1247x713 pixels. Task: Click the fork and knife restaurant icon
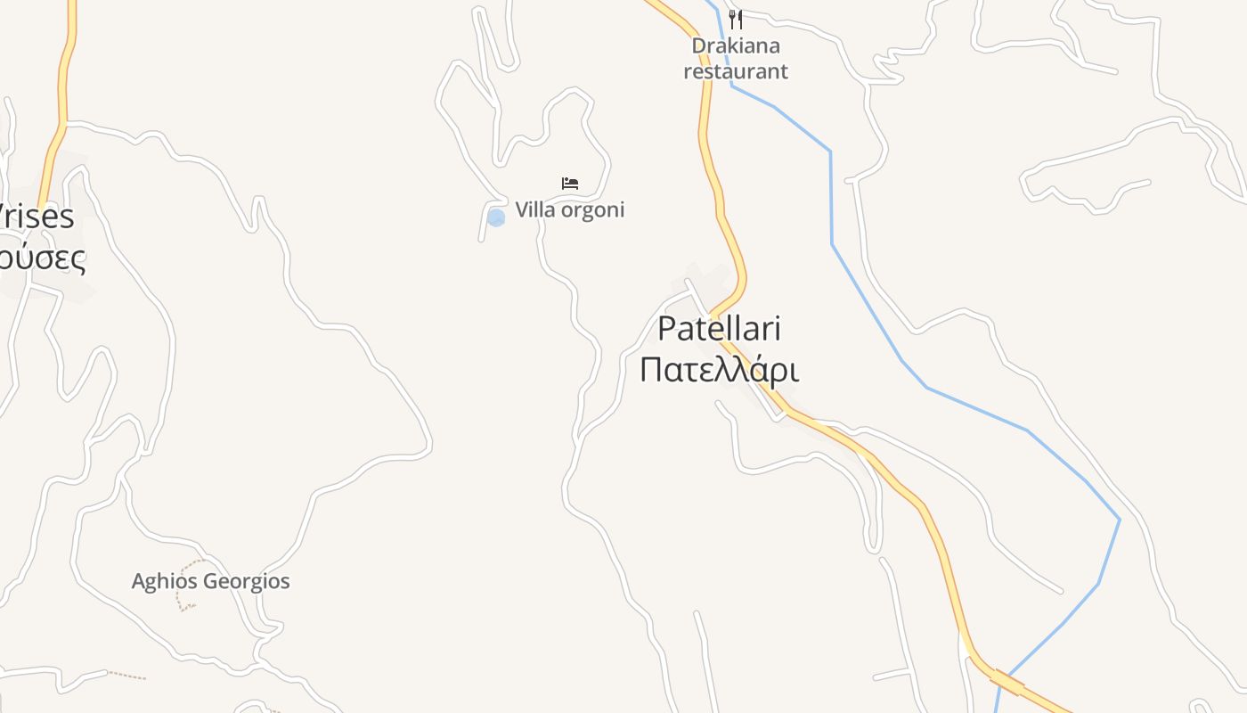[x=735, y=19]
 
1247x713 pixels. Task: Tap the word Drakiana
[x=736, y=45]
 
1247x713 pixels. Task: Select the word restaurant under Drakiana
[x=736, y=71]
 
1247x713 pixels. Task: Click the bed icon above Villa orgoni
[x=570, y=184]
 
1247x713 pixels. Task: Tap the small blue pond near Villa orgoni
[x=496, y=217]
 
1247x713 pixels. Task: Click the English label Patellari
[x=719, y=329]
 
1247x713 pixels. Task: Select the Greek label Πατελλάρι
[x=719, y=370]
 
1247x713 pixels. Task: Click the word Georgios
[x=247, y=582]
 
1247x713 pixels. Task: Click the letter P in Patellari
[x=667, y=329]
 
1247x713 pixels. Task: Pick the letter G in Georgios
[x=214, y=582]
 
